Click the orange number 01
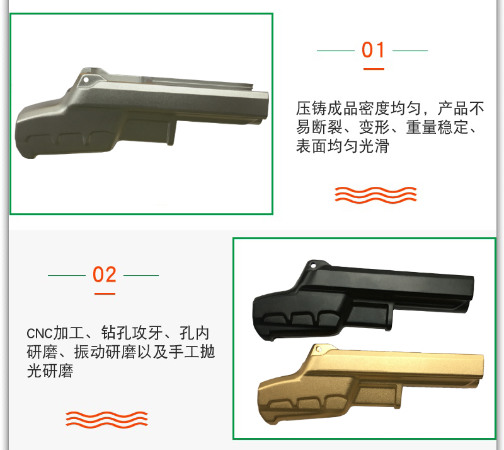373,50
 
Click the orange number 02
104,275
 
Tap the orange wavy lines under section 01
375,194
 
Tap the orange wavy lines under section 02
106,420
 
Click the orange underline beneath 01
374,69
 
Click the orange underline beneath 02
105,293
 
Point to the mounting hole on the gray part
86,80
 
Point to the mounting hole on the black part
312,266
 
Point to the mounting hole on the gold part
319,349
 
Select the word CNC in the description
39,334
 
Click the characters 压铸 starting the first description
311,108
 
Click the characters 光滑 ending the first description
374,146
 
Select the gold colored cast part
370,383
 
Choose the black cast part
364,300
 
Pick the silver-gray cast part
142,113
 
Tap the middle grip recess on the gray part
71,139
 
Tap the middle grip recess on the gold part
308,404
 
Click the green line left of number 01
336,50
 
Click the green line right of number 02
141,275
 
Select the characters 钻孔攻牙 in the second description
132,333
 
